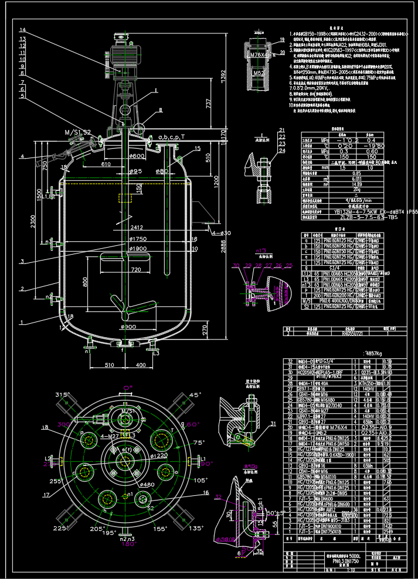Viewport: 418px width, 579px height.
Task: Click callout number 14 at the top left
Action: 22,30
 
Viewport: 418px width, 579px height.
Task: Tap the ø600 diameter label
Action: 138,156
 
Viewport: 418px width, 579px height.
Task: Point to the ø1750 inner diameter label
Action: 138,239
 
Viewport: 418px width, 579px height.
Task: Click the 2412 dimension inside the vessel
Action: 137,227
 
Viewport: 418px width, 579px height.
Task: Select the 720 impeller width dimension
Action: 135,270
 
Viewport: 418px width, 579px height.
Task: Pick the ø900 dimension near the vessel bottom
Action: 129,326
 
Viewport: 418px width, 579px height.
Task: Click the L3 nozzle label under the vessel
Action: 157,354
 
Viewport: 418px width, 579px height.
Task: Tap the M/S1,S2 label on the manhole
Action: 78,133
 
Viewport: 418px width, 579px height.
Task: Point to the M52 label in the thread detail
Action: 257,73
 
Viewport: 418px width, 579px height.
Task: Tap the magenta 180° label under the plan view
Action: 127,543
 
